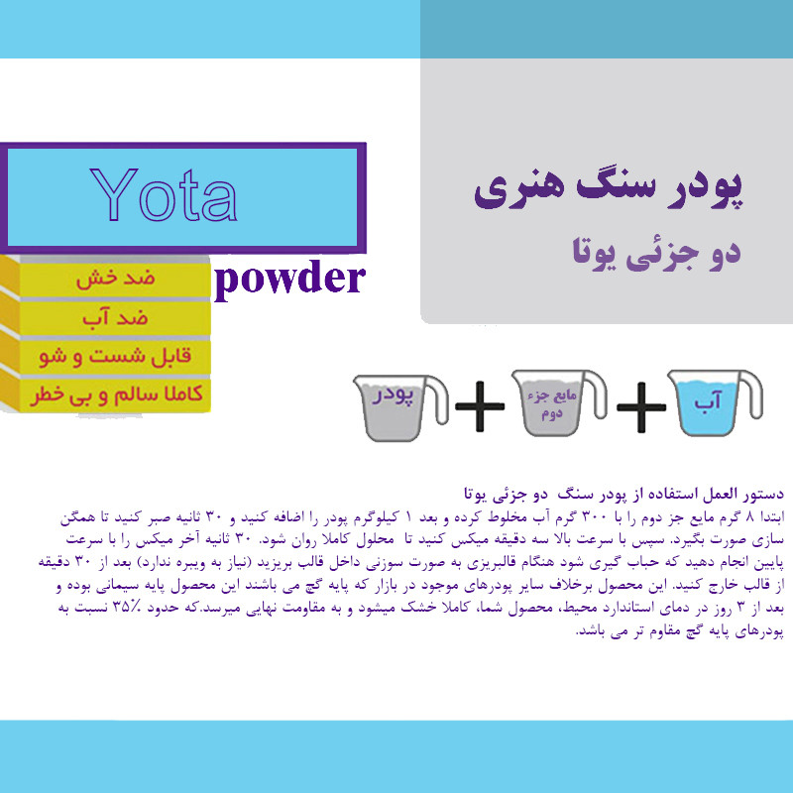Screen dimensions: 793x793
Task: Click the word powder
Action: coord(289,281)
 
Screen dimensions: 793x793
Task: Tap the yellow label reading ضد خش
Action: coord(114,281)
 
